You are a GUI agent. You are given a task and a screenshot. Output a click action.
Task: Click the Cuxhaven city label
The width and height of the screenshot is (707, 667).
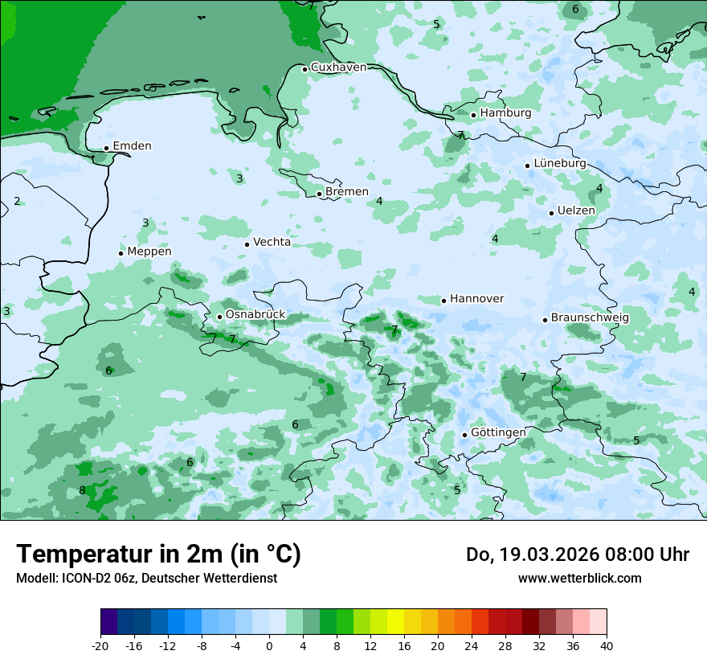(338, 68)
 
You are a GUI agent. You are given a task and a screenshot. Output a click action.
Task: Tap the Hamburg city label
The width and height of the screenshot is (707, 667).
(505, 113)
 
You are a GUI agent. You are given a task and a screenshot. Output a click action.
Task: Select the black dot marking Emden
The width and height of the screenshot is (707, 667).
(106, 148)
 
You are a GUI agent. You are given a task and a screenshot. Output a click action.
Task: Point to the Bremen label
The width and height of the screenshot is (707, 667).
(347, 192)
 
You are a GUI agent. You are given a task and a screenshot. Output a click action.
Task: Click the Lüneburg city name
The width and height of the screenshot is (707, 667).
(560, 163)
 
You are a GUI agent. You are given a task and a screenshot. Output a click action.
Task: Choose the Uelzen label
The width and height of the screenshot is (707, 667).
(576, 211)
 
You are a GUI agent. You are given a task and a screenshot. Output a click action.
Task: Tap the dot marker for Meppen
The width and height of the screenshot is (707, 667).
(121, 253)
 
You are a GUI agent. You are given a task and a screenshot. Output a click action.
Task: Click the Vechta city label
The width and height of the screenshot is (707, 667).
(272, 242)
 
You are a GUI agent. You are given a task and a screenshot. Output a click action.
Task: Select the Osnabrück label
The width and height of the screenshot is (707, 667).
(255, 315)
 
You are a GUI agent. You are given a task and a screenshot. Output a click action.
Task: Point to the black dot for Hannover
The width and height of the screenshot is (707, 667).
(443, 301)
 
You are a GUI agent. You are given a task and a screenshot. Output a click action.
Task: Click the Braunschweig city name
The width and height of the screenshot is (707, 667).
(590, 318)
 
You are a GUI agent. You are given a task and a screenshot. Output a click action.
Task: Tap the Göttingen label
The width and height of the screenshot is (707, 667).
(498, 432)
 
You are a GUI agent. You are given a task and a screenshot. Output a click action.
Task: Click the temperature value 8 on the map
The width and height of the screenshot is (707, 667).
(82, 491)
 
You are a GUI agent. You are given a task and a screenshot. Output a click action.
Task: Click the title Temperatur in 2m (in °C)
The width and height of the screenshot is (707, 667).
(159, 554)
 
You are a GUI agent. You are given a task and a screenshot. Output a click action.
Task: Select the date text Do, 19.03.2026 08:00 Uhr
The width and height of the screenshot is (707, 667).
(578, 554)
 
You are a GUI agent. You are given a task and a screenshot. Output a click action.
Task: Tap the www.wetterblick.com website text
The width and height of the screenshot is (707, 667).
(579, 579)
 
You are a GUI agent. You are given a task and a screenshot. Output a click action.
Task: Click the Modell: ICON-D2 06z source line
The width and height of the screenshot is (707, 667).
(146, 579)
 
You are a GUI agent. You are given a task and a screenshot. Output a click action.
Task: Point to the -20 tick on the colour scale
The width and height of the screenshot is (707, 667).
(100, 645)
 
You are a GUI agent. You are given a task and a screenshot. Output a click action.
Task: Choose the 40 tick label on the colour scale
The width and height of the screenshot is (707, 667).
(606, 645)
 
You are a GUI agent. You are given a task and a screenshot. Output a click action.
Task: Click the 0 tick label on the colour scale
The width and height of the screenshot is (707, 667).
(269, 645)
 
